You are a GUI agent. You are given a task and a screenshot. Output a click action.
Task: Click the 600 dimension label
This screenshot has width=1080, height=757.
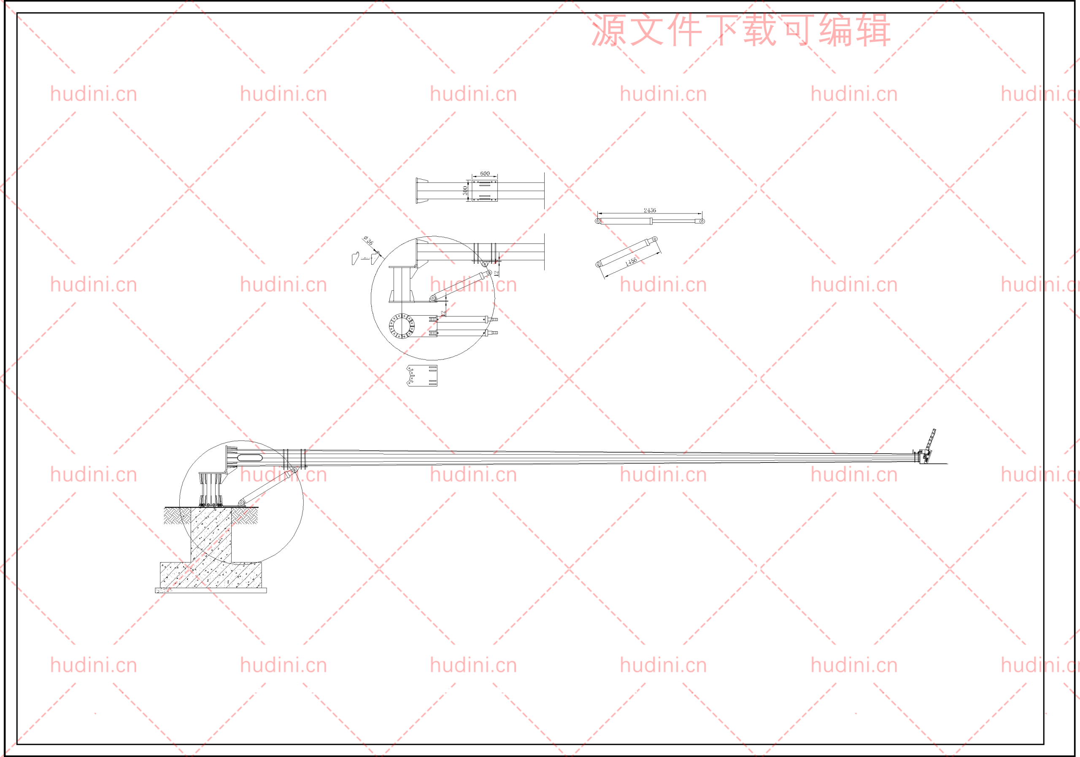(x=484, y=173)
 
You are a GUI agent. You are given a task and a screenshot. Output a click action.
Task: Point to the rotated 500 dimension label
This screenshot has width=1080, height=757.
(x=465, y=191)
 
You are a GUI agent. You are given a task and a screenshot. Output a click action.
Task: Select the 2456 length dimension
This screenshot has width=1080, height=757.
(x=650, y=210)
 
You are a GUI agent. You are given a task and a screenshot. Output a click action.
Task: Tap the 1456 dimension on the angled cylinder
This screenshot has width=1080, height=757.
(x=631, y=262)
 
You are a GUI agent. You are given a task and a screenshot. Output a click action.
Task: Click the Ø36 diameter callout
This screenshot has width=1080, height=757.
(x=368, y=241)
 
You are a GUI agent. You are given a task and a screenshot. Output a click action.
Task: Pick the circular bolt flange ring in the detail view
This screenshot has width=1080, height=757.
(x=402, y=326)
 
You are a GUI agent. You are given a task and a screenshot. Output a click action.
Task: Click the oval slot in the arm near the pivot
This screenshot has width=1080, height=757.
(x=250, y=458)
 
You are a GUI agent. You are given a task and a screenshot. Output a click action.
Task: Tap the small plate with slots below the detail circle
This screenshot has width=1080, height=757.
(x=422, y=376)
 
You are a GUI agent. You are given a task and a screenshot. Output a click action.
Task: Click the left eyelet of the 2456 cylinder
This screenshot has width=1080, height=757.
(x=598, y=221)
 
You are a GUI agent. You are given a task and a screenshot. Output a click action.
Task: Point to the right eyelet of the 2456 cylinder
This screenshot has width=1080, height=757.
(x=702, y=221)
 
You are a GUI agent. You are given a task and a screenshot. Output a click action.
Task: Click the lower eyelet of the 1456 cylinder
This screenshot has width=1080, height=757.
(x=598, y=265)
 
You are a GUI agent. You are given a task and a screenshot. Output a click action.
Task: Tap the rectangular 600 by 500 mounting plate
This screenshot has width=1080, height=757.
(x=484, y=191)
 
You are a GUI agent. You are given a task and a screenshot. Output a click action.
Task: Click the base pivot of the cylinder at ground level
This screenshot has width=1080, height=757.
(x=242, y=503)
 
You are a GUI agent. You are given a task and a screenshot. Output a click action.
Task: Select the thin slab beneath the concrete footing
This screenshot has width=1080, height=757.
(x=211, y=590)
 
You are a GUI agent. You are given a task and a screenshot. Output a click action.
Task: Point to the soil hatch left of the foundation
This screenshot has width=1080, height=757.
(x=177, y=516)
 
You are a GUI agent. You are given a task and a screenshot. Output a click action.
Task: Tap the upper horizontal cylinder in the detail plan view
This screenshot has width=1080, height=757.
(x=463, y=319)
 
